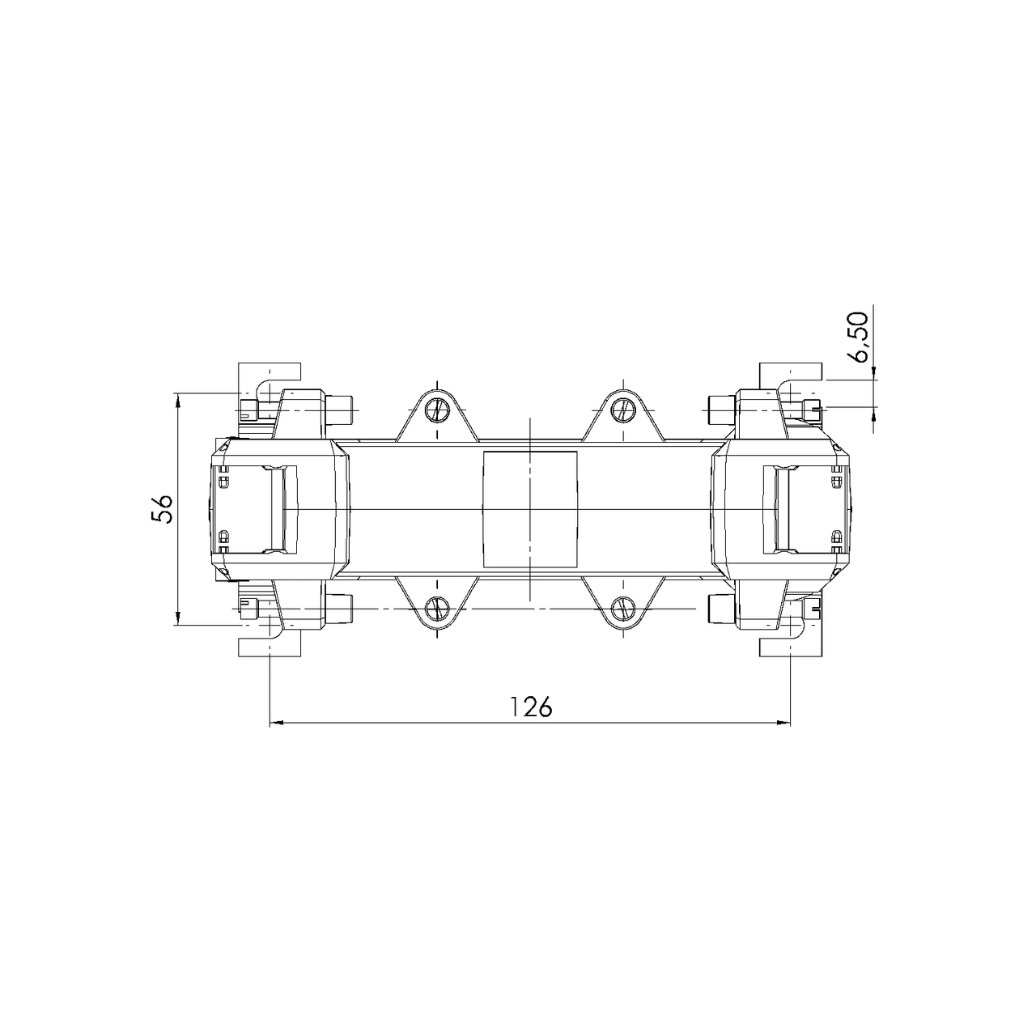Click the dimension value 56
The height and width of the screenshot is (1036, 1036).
(162, 508)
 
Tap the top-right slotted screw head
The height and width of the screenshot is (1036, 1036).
(623, 410)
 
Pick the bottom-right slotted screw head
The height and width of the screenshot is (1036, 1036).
(623, 608)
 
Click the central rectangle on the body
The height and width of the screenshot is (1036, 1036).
(530, 509)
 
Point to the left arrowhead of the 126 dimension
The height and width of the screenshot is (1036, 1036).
(276, 723)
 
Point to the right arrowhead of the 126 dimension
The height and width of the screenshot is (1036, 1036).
(783, 723)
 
